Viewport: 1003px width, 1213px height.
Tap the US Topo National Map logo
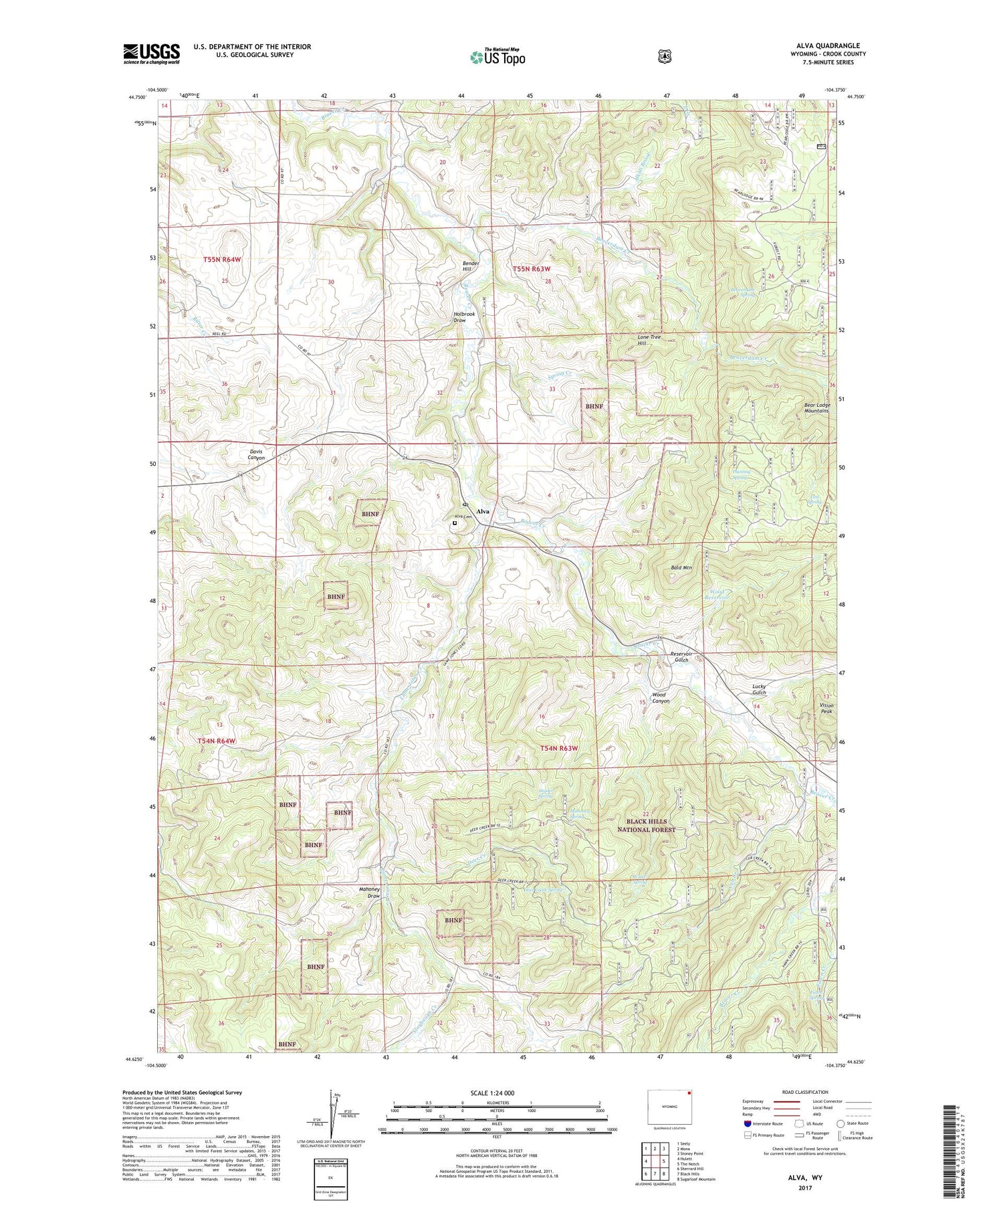click(x=497, y=57)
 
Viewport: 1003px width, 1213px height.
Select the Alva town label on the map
click(x=483, y=511)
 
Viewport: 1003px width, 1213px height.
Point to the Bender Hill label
click(x=471, y=266)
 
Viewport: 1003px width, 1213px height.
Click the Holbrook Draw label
click(x=464, y=317)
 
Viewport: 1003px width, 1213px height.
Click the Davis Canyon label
click(x=256, y=454)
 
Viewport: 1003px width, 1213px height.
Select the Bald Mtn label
click(x=681, y=567)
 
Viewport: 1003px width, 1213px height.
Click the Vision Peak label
click(x=826, y=709)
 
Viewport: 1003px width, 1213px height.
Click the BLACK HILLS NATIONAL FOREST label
click(x=647, y=825)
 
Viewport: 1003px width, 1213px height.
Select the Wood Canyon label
click(x=661, y=698)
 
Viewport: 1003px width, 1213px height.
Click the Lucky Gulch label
click(x=758, y=689)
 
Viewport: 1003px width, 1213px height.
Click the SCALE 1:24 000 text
click(x=492, y=1093)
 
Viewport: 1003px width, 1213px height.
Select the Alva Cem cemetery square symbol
click(x=455, y=523)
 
